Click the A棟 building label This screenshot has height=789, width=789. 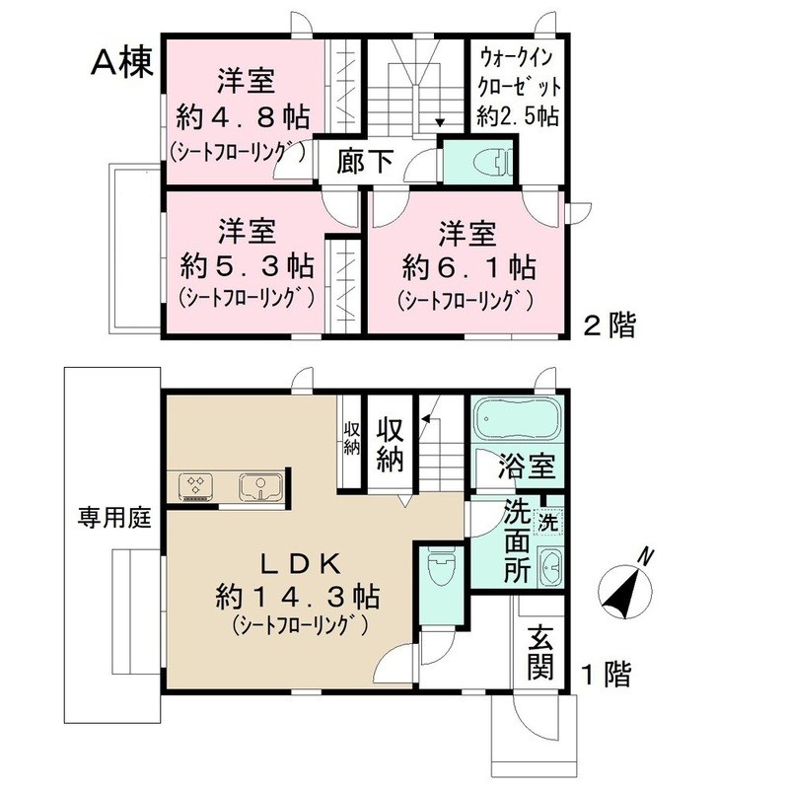(x=122, y=63)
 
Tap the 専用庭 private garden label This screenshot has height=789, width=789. (x=111, y=517)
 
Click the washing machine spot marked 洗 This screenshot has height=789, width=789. (x=545, y=519)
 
